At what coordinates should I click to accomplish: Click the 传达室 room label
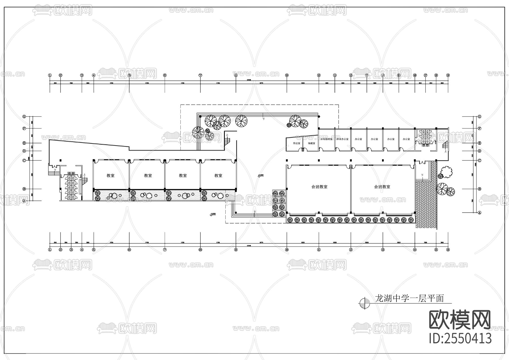tap(297, 143)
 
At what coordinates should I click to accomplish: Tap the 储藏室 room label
tap(311, 143)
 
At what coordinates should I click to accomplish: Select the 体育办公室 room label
tap(342, 139)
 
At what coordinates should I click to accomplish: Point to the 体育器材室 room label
tap(326, 139)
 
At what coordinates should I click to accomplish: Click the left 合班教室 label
tap(319, 187)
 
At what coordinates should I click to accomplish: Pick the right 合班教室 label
tap(382, 187)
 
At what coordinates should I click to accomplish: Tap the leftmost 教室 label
tap(111, 175)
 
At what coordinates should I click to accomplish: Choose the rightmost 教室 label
tap(218, 175)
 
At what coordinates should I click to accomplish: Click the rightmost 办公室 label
tap(406, 139)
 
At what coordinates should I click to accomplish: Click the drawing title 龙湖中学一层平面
tap(409, 299)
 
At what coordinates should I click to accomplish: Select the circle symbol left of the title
tap(365, 303)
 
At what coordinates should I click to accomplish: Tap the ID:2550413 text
tap(460, 338)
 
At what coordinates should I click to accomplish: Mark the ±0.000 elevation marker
tap(260, 175)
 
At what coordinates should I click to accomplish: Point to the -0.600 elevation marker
tap(213, 214)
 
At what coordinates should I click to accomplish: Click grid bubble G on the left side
tap(24, 116)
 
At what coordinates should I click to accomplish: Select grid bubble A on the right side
tap(479, 213)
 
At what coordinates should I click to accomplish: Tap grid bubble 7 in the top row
tap(200, 75)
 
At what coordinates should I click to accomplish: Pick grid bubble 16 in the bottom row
tap(448, 250)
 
